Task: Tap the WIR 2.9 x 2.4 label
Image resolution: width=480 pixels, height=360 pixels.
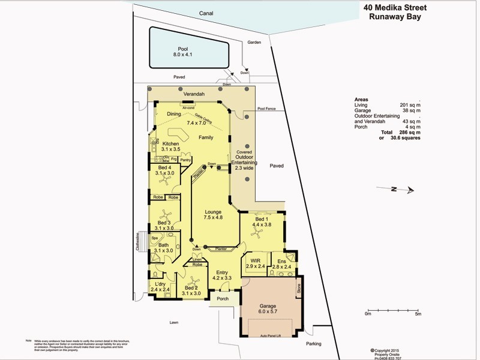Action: coord(257,263)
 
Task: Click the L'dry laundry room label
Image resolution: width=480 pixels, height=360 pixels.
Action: coord(160,286)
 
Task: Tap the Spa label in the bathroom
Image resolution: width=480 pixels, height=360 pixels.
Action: coord(154,238)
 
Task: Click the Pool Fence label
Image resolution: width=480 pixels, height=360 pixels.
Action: coord(266,109)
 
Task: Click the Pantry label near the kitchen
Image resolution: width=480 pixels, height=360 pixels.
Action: coord(185,160)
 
